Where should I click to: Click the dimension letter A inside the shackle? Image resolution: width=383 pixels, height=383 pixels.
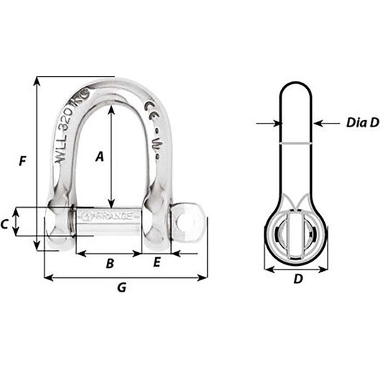coord(100,154)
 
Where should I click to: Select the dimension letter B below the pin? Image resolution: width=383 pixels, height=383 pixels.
coord(110,264)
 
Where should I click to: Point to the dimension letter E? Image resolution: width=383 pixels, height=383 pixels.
coord(157,264)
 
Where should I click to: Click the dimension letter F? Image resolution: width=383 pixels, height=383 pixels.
coord(23,162)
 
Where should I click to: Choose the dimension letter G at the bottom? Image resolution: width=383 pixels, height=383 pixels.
coord(121,287)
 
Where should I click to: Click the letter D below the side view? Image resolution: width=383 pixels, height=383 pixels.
coord(297,280)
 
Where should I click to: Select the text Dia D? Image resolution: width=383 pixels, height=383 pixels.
coord(362,123)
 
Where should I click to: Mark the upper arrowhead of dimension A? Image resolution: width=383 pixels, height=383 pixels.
coord(111,109)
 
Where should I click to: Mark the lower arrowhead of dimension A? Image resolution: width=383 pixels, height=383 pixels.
coord(111,203)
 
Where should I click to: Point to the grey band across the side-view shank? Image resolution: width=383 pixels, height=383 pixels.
coord(296,143)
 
